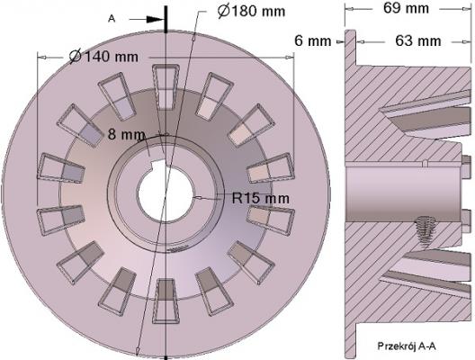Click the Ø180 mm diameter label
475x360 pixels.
click(251, 12)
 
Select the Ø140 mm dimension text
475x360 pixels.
click(103, 57)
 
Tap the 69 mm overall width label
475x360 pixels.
click(406, 8)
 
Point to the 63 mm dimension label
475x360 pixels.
click(418, 40)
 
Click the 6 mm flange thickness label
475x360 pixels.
click(313, 40)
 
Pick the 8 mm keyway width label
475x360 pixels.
click(126, 134)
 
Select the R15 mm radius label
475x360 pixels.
click(261, 198)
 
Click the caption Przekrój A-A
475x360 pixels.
click(407, 346)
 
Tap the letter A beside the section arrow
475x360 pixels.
click(112, 19)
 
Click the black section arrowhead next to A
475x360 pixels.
click(155, 20)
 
